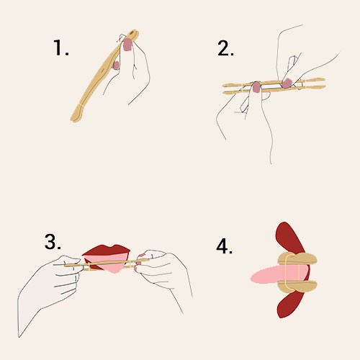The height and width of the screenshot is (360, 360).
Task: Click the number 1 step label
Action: tap(60, 48)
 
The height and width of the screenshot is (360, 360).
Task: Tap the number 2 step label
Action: tap(225, 48)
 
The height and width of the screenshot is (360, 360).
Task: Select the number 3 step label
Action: tap(53, 241)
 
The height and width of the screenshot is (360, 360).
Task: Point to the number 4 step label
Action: tap(225, 246)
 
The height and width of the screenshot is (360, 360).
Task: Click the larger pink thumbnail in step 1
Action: tap(127, 45)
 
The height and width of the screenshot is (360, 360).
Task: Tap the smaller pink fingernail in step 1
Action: tap(116, 66)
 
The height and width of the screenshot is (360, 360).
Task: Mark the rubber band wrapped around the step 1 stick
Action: tap(82, 105)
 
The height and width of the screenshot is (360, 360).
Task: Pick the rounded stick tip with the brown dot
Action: tap(133, 33)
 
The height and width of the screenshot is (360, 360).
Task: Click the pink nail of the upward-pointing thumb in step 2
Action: tap(256, 87)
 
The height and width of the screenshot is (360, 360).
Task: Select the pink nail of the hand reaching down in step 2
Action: tap(287, 83)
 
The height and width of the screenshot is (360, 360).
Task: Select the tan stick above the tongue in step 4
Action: tap(297, 258)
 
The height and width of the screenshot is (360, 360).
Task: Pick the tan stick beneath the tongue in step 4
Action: tap(297, 286)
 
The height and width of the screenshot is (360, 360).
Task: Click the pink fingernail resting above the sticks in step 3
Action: tap(142, 256)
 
